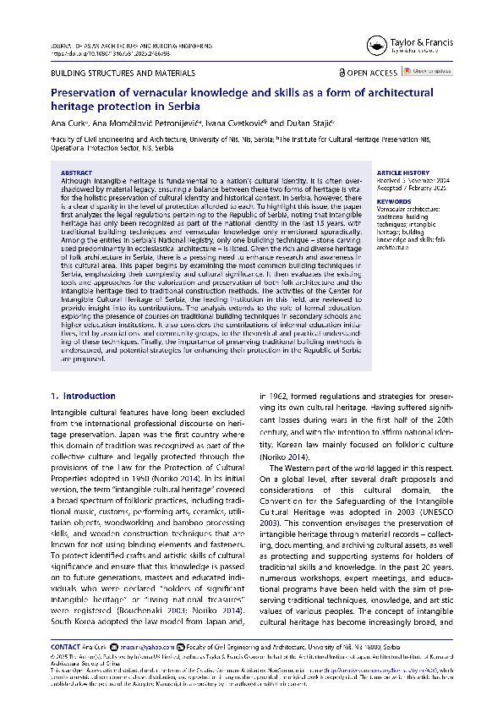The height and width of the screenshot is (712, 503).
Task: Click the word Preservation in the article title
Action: click(x=86, y=92)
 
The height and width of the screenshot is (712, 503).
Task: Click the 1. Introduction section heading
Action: click(x=82, y=396)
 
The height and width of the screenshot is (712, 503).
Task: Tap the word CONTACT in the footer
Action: click(x=65, y=645)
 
